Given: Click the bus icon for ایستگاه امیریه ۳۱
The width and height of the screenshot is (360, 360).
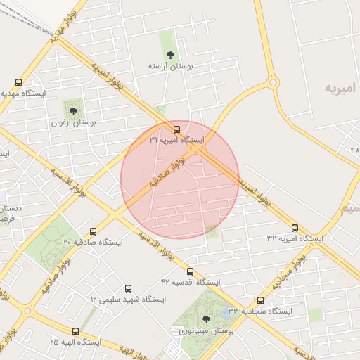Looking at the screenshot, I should tap(176, 129).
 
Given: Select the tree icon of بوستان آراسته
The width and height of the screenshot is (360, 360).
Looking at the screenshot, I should tap(169, 54).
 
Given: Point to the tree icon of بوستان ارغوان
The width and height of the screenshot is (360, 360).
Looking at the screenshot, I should tap(72, 110).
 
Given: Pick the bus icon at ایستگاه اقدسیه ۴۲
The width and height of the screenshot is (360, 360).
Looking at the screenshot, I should tap(190, 271).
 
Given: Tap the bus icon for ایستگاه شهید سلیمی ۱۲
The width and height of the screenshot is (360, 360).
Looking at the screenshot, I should tap(128, 288).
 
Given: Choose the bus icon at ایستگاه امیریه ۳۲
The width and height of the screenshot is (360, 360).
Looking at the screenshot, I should tap(295, 228).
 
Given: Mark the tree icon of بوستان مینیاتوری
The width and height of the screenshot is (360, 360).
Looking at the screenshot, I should tap(205, 319).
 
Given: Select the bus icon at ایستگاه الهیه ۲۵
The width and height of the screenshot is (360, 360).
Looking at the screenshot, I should tap(76, 331).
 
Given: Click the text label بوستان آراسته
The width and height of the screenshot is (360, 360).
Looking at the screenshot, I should tap(170, 65).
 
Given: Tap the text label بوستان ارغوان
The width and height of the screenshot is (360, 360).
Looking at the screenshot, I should tap(72, 122).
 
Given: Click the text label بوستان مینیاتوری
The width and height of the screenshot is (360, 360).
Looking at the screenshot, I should tap(206, 330).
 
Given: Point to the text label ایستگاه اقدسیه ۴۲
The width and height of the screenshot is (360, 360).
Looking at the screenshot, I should tap(191, 282).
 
